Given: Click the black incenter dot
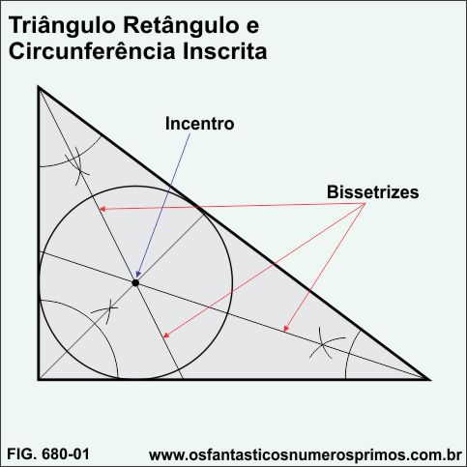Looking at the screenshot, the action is tap(135, 283).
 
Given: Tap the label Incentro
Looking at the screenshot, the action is tap(199, 124).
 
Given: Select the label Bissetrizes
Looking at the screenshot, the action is tap(372, 192).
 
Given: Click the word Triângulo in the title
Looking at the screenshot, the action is tap(62, 27).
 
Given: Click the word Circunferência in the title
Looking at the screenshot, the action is tap(92, 51).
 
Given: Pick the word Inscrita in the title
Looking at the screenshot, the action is tap(225, 51).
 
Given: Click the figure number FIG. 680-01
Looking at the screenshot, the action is tap(48, 454).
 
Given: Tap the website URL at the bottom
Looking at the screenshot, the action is tap(306, 455).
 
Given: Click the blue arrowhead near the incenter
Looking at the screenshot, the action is tap(138, 274).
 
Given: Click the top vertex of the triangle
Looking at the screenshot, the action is tap(39, 87).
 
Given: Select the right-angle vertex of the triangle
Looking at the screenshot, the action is tap(39, 379).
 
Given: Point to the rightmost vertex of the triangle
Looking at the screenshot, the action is tap(429, 379).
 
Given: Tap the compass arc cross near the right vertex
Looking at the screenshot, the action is tap(324, 346).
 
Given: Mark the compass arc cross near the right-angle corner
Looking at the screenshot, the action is tap(109, 309).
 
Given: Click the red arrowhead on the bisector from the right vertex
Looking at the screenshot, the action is tap(285, 328).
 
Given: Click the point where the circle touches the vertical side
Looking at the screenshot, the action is tap(39, 283).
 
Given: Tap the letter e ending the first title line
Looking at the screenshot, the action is tap(252, 27).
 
